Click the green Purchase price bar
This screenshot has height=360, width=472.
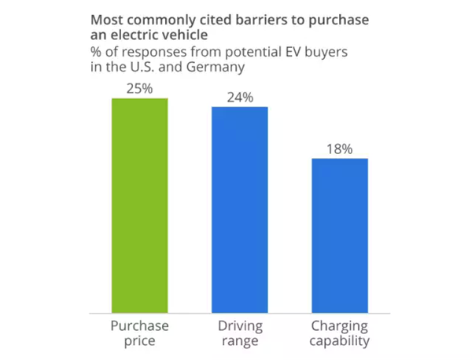coord(139,204)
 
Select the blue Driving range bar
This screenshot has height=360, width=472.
coord(239,208)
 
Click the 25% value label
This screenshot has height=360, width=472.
coord(139,88)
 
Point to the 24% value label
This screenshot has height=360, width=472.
coord(239,97)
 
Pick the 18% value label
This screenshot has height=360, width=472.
coord(340,149)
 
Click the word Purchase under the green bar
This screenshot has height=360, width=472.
coord(139,326)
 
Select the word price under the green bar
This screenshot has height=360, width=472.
coord(139,341)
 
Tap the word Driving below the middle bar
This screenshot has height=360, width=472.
coord(239,326)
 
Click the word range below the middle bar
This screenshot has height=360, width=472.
coord(239,341)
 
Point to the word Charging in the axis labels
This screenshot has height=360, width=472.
coord(340,326)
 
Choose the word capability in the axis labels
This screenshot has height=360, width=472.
coord(340,341)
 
